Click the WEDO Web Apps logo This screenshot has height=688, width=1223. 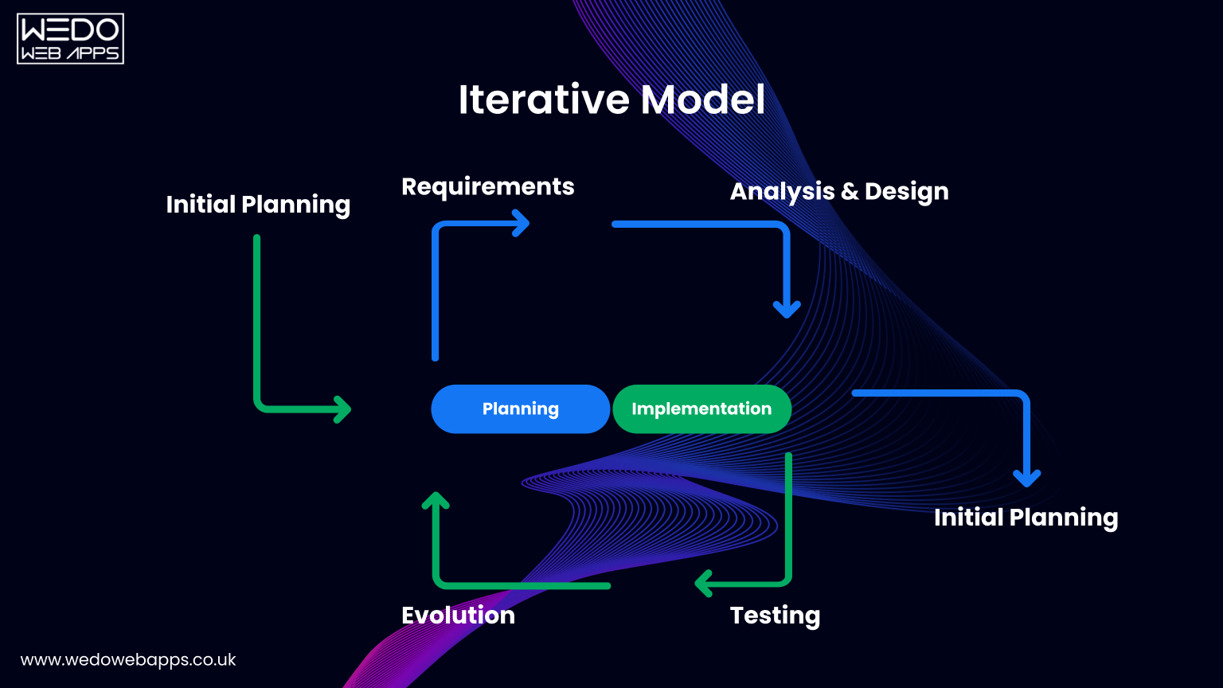(70, 38)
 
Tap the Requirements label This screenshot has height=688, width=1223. (487, 186)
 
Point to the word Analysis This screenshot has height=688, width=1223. (782, 192)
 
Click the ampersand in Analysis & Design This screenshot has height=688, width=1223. (850, 192)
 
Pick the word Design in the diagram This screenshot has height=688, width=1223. (906, 192)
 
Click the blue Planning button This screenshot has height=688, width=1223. (520, 409)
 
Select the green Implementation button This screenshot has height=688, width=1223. (701, 409)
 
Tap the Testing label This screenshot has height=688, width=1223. (775, 616)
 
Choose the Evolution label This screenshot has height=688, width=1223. (458, 616)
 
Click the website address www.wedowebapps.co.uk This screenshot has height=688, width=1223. (128, 660)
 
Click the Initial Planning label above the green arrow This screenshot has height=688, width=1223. (258, 205)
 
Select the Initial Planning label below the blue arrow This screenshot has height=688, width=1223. (1026, 518)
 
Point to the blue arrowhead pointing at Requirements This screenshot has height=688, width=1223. (522, 223)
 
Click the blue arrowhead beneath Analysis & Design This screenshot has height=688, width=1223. (787, 309)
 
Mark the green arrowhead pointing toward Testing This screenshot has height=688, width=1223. (704, 583)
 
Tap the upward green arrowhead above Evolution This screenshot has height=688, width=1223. (436, 501)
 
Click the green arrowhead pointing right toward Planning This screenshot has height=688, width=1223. (342, 409)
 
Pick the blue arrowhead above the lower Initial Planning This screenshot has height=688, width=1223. (1026, 478)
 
